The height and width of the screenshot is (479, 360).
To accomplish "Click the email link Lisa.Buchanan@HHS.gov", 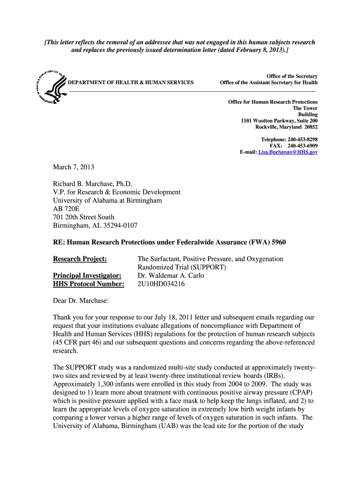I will (288, 152).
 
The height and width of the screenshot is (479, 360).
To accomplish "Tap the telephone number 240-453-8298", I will (302, 139).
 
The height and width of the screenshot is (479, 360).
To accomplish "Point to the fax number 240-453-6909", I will (302, 146).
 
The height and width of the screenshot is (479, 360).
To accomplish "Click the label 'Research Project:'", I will (80, 259).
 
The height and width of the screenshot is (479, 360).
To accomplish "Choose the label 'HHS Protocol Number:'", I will (88, 284).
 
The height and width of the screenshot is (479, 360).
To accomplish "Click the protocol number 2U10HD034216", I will (161, 284).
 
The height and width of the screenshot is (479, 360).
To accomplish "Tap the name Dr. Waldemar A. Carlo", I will (171, 276).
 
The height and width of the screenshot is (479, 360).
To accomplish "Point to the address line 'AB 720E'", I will (66, 209).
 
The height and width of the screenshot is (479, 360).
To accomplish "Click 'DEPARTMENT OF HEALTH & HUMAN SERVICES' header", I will (131, 82).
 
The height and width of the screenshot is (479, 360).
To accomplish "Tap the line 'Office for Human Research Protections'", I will (273, 102).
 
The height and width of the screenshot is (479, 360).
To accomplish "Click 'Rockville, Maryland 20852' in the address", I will (286, 127).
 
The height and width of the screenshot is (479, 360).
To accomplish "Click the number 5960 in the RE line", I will (276, 242).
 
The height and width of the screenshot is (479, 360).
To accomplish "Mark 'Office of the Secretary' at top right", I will (292, 76).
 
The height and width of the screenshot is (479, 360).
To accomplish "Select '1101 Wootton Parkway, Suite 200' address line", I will (279, 121).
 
